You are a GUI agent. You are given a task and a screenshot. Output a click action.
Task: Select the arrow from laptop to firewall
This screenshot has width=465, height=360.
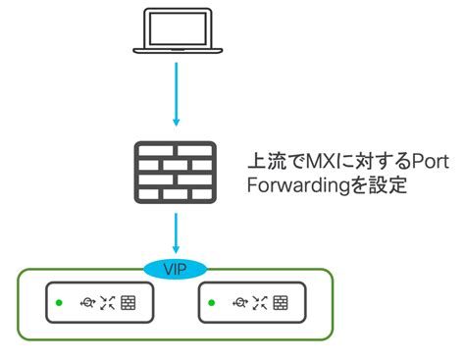[175, 93]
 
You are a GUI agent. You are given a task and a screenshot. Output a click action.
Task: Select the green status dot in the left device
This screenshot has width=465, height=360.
[62, 303]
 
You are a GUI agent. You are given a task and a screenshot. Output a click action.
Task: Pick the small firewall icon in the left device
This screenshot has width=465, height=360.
[129, 303]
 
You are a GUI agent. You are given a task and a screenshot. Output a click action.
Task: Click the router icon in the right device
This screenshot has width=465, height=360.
[236, 303]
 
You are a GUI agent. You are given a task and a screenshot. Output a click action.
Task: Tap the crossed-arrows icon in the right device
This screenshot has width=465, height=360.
[258, 303]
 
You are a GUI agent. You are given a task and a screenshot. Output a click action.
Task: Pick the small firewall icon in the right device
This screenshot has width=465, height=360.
[280, 303]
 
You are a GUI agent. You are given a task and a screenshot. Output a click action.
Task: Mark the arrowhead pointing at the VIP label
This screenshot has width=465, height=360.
[175, 252]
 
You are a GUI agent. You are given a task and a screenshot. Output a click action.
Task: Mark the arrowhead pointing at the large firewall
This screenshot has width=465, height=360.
[175, 122]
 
